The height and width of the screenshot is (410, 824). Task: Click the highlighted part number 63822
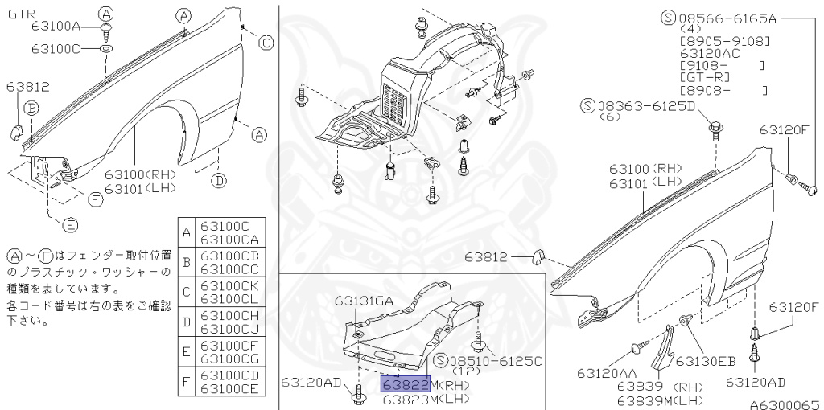click(406, 383)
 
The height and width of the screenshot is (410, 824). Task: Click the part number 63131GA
click(365, 301)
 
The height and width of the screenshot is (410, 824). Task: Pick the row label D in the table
click(187, 321)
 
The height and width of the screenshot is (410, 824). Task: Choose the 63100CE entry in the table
click(229, 388)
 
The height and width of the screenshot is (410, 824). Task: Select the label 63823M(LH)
click(425, 398)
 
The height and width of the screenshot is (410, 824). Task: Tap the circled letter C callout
click(266, 43)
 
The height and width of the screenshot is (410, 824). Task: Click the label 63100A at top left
click(56, 26)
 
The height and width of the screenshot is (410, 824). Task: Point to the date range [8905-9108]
click(724, 39)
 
